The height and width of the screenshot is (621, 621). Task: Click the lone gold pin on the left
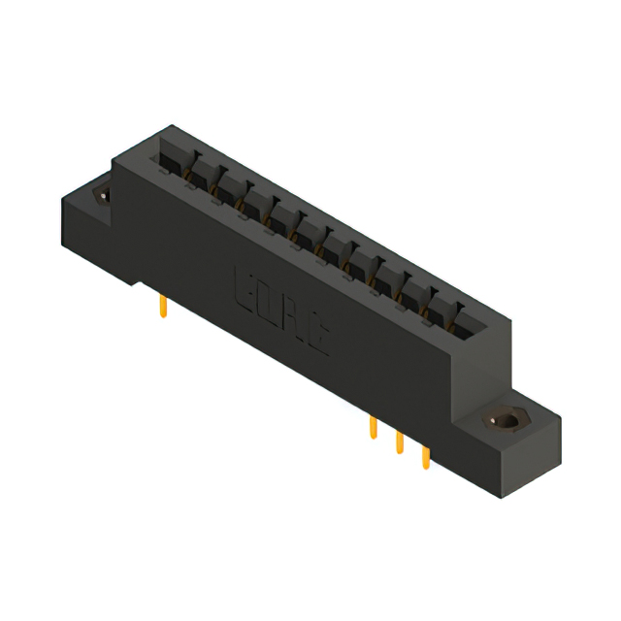[163, 309]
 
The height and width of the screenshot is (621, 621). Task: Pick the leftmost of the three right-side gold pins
[373, 428]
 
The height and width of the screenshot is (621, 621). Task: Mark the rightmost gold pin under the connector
[425, 457]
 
